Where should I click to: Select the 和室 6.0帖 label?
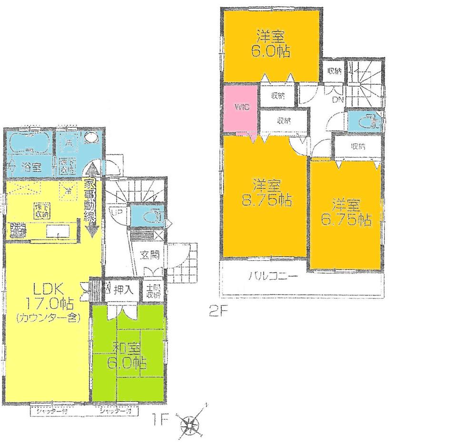tap(126, 355)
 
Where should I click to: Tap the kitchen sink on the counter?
tap(58, 232)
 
